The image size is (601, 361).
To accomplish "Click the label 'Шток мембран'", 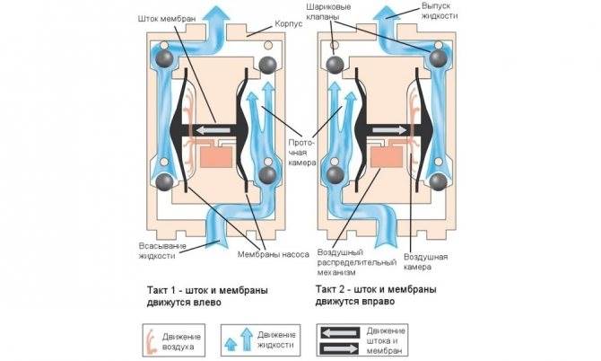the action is [167, 19].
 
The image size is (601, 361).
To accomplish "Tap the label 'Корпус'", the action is [289, 23].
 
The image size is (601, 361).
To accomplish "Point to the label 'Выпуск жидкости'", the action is [439, 11].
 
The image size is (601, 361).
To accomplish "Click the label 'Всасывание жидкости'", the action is [162, 251].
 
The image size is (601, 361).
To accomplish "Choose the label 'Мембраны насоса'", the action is [274, 254].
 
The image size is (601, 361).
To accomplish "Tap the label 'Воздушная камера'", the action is [425, 261].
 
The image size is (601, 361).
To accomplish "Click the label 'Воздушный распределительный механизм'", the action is [356, 262].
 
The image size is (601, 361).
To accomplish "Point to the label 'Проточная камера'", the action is [302, 153].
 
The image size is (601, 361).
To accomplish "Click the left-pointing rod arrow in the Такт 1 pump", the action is [213, 130].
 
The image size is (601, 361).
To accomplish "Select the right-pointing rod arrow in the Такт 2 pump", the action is [389, 130].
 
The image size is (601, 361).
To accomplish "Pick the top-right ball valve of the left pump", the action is [267, 66].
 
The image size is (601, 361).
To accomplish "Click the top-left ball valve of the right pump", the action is [335, 65].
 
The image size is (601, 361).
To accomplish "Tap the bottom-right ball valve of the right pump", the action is [438, 181].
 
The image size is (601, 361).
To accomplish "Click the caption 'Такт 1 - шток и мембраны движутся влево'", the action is [207, 295].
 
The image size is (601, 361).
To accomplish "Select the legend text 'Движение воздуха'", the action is [181, 341].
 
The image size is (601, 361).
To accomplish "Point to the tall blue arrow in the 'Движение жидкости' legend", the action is [247, 339].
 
